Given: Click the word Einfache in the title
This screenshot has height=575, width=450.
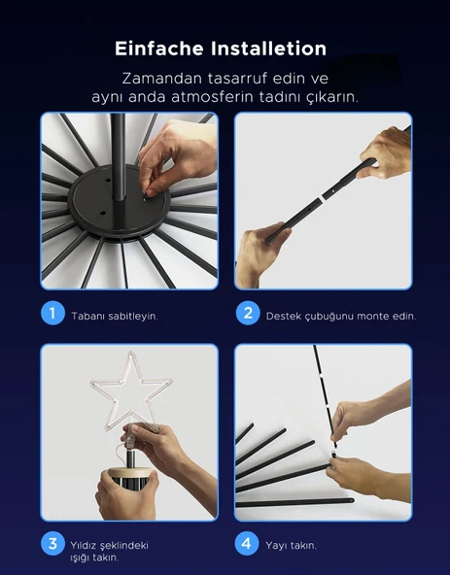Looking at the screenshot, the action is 159,49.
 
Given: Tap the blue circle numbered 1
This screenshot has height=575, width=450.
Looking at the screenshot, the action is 52,313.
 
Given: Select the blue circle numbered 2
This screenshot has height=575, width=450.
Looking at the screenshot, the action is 248,313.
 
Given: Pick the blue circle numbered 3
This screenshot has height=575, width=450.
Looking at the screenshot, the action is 52,543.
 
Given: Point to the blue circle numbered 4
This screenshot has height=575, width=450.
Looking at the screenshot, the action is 247,543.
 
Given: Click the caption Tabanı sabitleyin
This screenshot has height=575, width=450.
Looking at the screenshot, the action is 115,317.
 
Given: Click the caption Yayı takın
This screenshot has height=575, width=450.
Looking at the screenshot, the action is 291,546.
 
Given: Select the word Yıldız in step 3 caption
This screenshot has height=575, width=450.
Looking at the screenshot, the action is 83,545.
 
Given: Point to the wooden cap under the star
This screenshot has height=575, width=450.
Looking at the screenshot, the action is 130,472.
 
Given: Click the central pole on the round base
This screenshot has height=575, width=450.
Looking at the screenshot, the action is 119,157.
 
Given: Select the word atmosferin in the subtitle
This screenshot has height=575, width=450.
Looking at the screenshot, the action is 212,97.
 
